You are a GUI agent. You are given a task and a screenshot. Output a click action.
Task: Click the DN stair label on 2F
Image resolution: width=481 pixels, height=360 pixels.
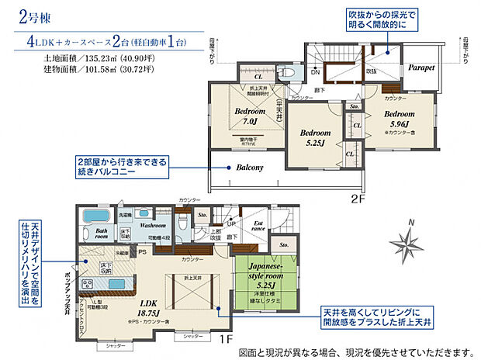coord(315,71)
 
